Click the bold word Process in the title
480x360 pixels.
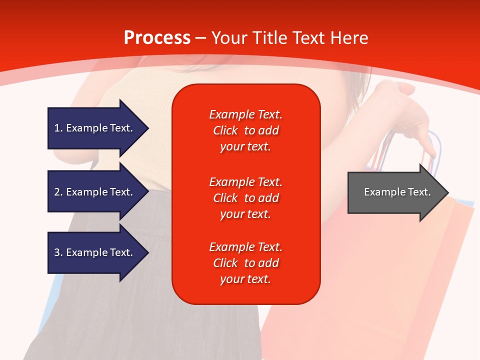pos(157,37)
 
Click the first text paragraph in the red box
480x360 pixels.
pos(245,130)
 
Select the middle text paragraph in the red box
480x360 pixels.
pos(245,197)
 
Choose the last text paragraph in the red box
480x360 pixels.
pos(245,263)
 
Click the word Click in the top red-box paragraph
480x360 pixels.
pos(225,130)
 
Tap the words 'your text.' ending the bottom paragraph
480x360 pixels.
pos(245,279)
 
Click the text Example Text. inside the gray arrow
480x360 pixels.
pos(397,192)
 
